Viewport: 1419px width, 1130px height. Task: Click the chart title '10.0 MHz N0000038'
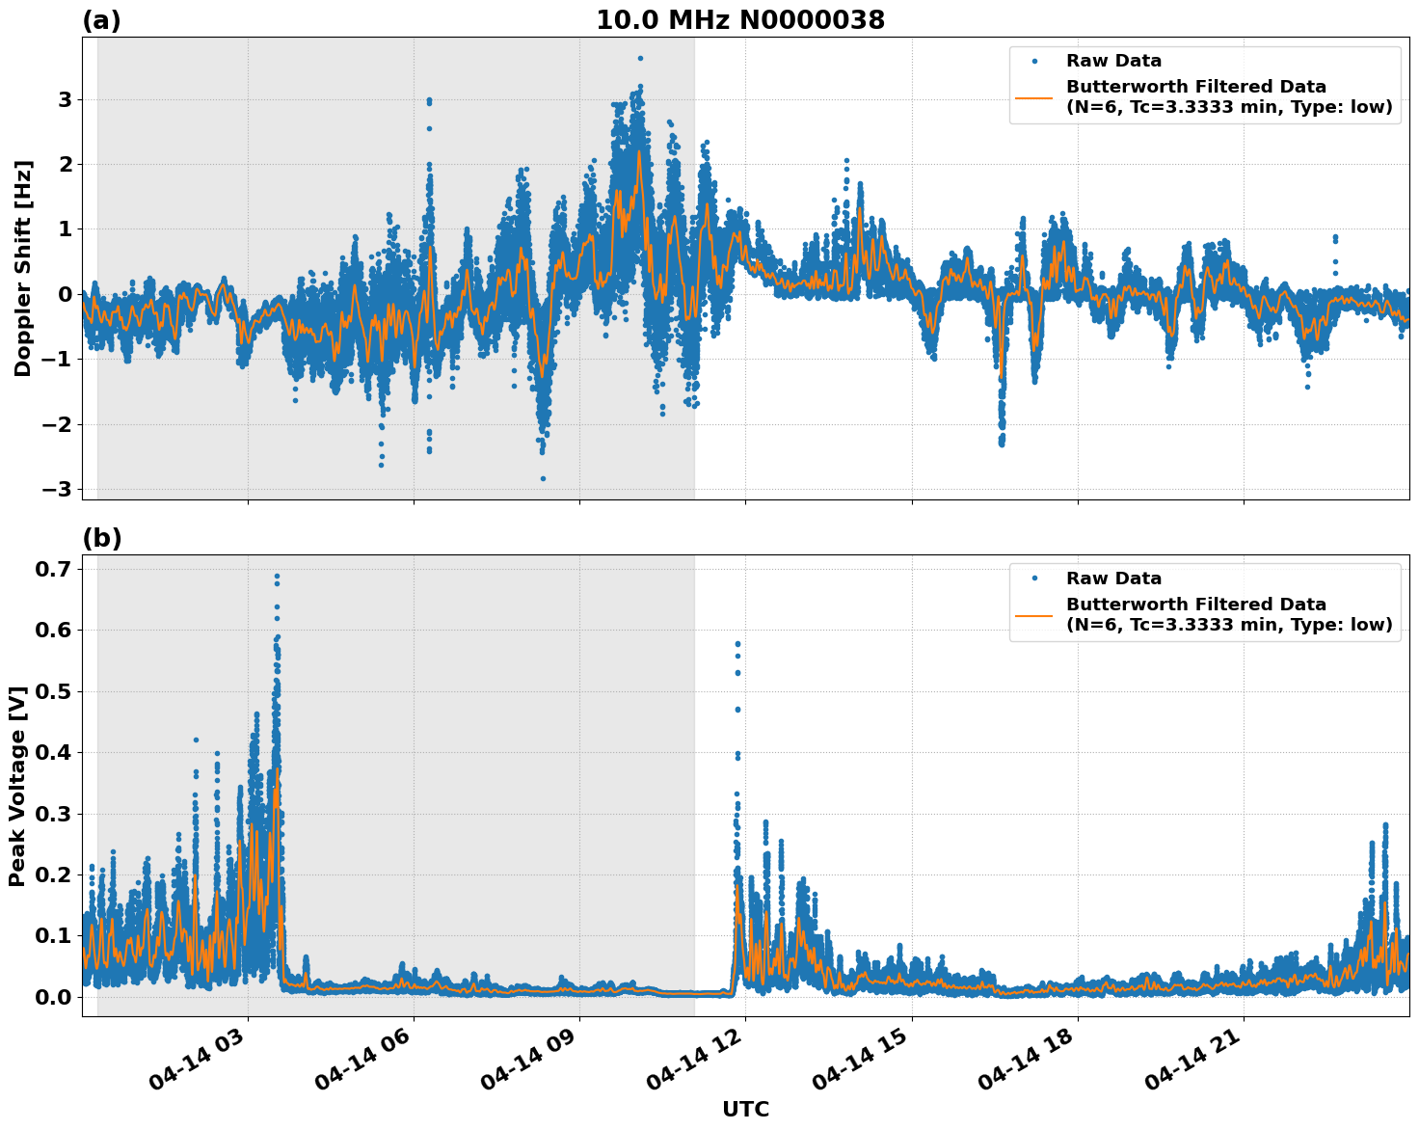tap(739, 20)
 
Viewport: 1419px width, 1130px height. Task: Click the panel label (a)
tap(101, 20)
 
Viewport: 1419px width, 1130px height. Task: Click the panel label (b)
tap(101, 538)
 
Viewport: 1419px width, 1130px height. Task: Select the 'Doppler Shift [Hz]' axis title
tap(23, 268)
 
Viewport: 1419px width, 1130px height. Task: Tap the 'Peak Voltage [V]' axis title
tap(16, 786)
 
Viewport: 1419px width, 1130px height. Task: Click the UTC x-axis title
tap(745, 1109)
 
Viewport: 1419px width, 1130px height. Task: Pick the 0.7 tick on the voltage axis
tap(54, 569)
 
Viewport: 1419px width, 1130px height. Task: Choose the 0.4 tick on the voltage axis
tap(54, 752)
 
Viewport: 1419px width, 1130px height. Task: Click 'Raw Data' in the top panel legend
tap(1113, 62)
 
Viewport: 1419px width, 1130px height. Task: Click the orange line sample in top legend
tap(1034, 96)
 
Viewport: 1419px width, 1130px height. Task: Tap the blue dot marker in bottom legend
tap(1034, 578)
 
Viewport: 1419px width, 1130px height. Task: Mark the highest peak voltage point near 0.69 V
tap(277, 577)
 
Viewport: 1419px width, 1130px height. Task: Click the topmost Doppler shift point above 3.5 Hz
tap(640, 58)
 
